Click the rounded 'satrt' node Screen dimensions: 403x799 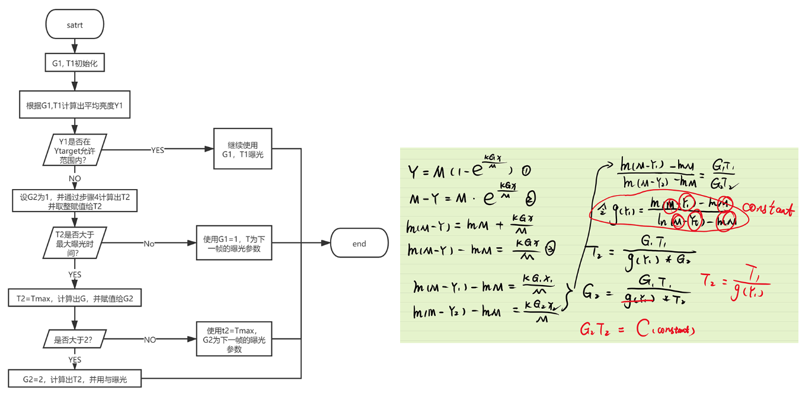75,25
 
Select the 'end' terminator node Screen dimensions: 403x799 359,244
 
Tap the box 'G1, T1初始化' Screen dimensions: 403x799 75,63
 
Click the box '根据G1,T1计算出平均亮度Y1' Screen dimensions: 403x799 75,107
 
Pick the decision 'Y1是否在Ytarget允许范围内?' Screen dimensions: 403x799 75,151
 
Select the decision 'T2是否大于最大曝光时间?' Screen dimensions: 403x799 75,244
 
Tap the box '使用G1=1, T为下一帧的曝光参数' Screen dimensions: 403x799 234,244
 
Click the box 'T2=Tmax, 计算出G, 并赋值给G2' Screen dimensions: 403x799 75,298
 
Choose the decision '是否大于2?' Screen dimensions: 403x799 75,340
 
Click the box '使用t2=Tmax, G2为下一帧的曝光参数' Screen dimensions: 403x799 234,339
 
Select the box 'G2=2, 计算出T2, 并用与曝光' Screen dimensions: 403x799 75,379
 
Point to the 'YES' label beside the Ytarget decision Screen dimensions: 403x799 158,151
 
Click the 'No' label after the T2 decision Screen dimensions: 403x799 149,244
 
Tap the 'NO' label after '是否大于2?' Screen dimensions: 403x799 150,340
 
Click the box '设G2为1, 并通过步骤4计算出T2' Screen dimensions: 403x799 75,201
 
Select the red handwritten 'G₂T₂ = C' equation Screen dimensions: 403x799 637,329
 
